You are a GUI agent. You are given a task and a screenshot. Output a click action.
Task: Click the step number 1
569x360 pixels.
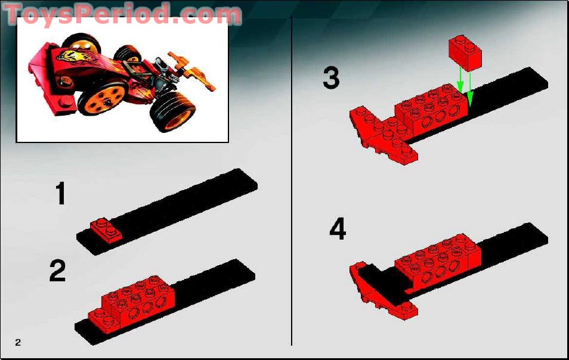[60, 194]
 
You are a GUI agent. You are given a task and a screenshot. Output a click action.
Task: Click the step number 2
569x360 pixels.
[58, 271]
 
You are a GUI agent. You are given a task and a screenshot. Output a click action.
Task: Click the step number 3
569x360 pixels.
[331, 78]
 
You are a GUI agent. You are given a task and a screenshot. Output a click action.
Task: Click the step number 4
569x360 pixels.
[338, 229]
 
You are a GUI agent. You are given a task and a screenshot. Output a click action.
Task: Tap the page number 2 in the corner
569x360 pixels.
[18, 342]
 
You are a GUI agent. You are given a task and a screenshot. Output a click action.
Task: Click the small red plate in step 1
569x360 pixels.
[106, 230]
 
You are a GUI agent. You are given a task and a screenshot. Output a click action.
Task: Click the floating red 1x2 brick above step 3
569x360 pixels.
[466, 51]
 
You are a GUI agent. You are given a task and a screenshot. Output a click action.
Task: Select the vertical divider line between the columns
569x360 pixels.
[291, 179]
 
